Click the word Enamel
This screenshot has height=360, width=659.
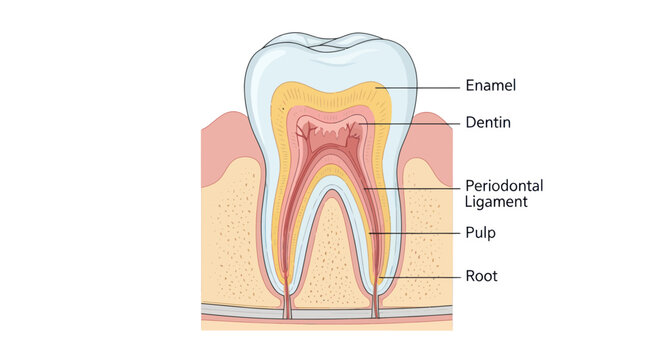click(x=490, y=86)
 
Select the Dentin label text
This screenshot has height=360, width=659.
click(x=488, y=123)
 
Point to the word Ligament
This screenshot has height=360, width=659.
click(x=496, y=201)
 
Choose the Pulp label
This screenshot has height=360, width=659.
click(x=480, y=232)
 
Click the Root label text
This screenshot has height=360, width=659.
click(x=481, y=275)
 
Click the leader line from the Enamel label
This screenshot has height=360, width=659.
click(x=420, y=86)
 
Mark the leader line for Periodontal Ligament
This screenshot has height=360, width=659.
click(x=410, y=187)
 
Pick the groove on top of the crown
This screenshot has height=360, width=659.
click(x=329, y=45)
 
